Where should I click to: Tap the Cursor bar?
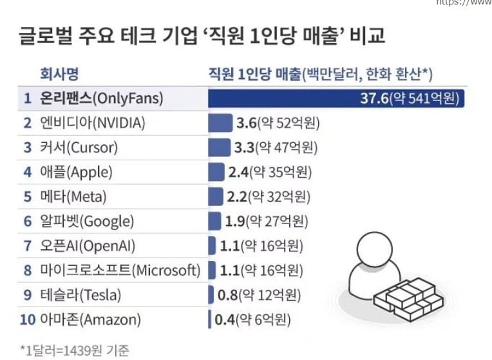(219, 147)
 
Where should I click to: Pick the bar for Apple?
(216, 172)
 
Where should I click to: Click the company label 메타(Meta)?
(73, 196)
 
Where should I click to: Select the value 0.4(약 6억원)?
(253, 319)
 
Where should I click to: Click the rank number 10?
(27, 319)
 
